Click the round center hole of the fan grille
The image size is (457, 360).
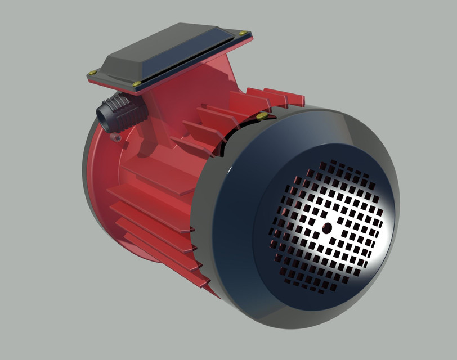click(x=327, y=227)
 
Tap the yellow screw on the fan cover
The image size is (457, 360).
click(x=262, y=116)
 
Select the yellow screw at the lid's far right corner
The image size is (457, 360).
click(x=243, y=33)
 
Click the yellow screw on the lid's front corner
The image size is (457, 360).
click(x=137, y=84)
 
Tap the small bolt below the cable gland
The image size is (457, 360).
click(x=117, y=137)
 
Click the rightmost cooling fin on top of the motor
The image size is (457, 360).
click(x=287, y=97)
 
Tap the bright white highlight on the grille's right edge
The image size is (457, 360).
click(x=383, y=225)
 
